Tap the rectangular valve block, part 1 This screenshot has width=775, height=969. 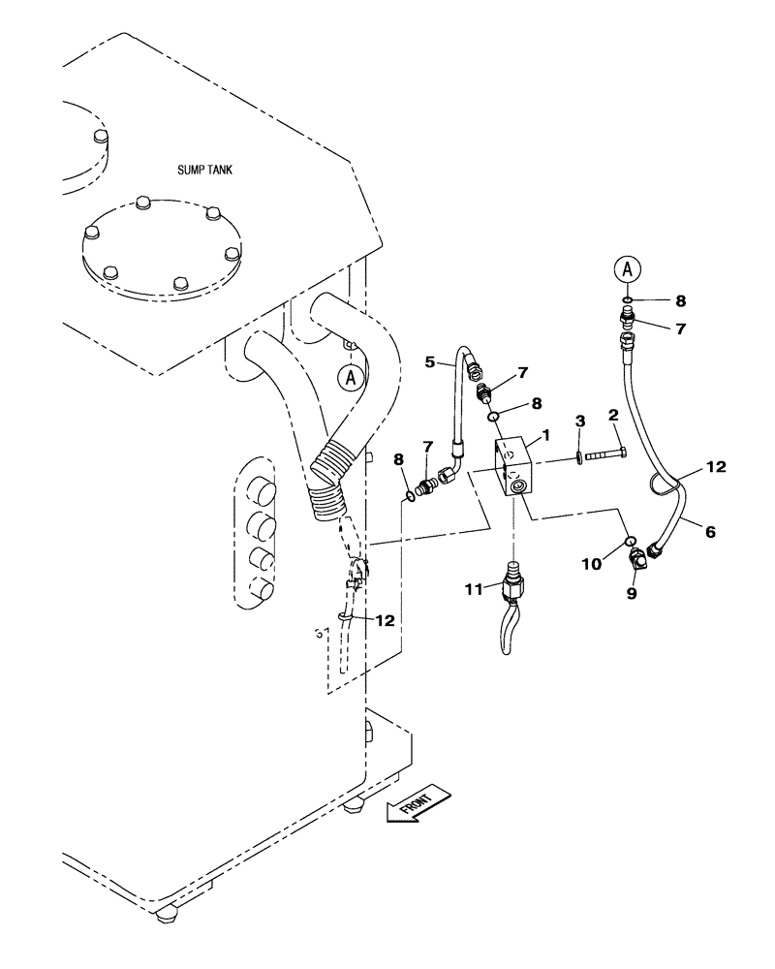(x=513, y=469)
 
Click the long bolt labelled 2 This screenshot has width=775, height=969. (x=606, y=453)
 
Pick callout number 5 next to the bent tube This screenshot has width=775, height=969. (x=430, y=362)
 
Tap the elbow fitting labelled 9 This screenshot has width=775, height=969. (x=640, y=561)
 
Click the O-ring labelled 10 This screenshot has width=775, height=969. (x=629, y=541)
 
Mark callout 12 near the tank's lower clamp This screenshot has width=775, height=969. (x=386, y=621)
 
